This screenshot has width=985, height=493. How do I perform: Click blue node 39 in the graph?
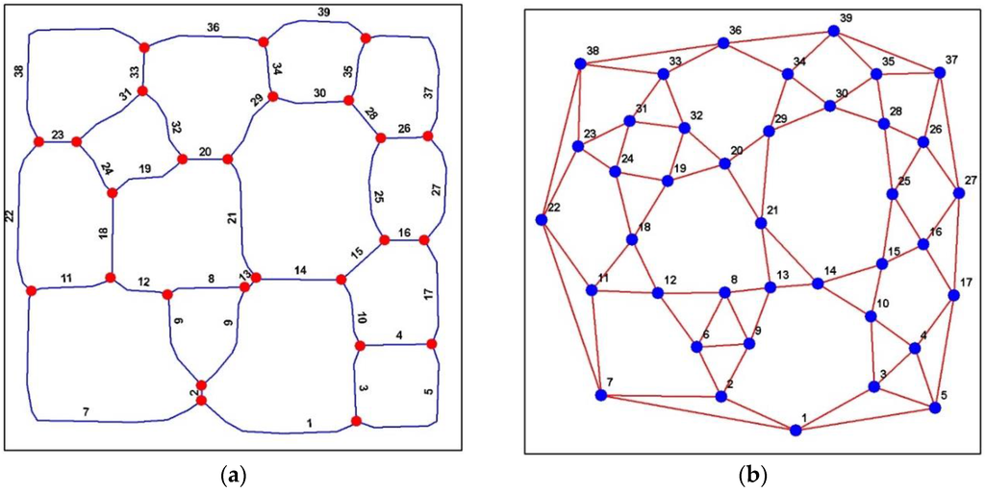pyautogui.click(x=834, y=31)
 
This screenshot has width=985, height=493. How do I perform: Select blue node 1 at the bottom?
pyautogui.click(x=796, y=430)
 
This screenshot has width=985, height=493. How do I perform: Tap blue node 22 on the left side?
pyautogui.click(x=542, y=220)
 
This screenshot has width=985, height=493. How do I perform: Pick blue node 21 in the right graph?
pyautogui.click(x=761, y=223)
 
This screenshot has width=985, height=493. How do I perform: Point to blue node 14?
pyautogui.click(x=818, y=283)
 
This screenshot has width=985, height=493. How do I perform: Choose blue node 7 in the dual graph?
pyautogui.click(x=601, y=395)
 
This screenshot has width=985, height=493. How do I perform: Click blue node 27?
pyautogui.click(x=958, y=193)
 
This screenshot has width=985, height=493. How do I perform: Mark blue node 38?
pyautogui.click(x=580, y=64)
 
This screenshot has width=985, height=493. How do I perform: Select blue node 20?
pyautogui.click(x=725, y=164)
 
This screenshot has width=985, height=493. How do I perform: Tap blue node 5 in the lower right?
pyautogui.click(x=934, y=407)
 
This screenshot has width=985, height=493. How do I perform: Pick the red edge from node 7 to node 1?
pyautogui.click(x=698, y=412)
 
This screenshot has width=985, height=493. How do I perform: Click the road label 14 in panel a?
pyautogui.click(x=301, y=271)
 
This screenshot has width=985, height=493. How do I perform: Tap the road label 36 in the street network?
pyautogui.click(x=213, y=28)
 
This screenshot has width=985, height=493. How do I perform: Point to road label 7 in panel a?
pyautogui.click(x=86, y=412)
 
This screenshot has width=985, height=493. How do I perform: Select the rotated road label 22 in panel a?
pyautogui.click(x=11, y=218)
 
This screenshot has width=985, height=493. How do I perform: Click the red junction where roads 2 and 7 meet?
pyautogui.click(x=201, y=400)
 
